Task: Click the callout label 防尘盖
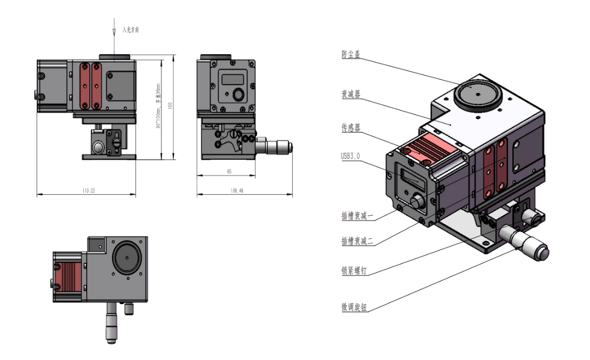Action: point(351,55)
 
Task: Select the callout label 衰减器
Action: point(351,95)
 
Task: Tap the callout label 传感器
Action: point(351,128)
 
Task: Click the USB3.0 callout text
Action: point(351,156)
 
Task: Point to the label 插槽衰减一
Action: point(357,216)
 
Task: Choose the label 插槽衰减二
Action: point(357,241)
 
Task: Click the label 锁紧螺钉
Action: point(354,270)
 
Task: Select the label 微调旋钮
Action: point(354,308)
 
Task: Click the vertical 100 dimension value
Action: point(170,106)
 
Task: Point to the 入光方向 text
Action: point(131,30)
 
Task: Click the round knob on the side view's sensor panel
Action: point(238,95)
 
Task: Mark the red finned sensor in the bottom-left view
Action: point(69,276)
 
